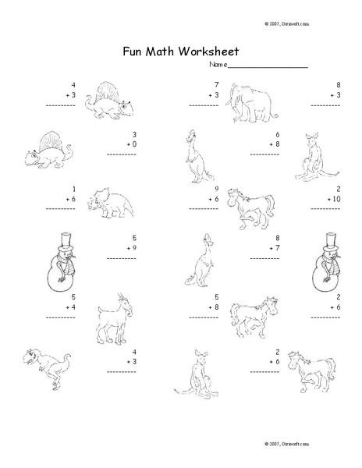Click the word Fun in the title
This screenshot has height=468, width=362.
(133, 53)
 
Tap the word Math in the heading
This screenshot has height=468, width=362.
(165, 53)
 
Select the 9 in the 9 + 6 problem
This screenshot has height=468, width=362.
(216, 188)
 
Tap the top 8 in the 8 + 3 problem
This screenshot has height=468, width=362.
(338, 83)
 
